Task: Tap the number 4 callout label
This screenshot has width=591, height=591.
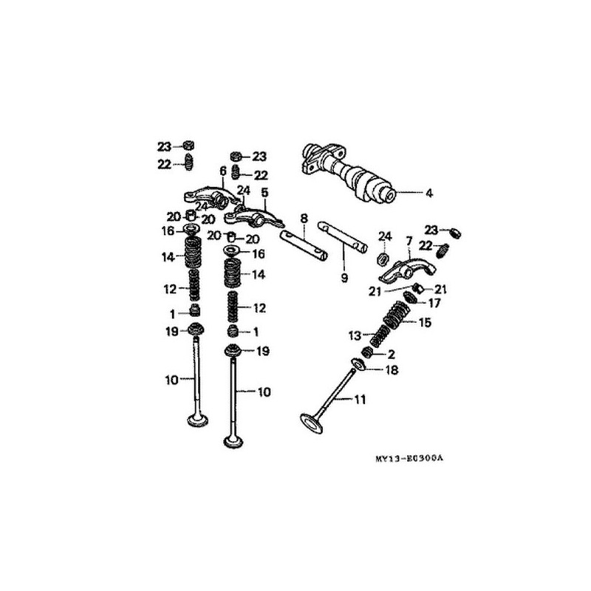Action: coord(428,194)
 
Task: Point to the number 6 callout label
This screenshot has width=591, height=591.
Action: coord(222,171)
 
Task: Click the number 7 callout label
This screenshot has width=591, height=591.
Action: coord(408,242)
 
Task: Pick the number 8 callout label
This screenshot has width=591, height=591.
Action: coord(304,219)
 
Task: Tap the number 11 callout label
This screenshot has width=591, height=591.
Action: coord(360,400)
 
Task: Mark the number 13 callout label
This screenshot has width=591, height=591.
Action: coord(353,335)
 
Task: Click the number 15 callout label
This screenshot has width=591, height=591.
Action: coord(424,322)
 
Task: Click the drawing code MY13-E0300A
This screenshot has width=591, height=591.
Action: coord(408,459)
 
